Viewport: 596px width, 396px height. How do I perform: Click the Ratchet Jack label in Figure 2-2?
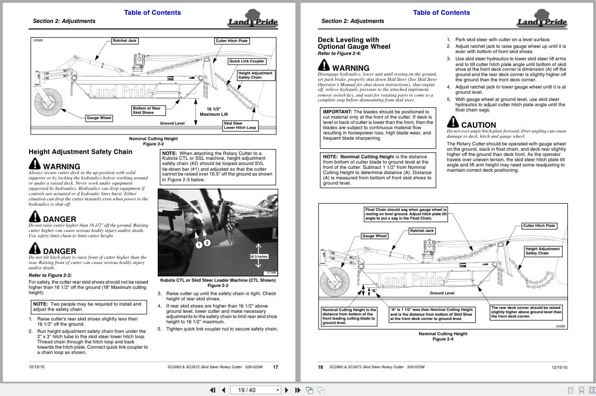point(125,41)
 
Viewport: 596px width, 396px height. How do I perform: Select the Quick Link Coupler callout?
point(247,61)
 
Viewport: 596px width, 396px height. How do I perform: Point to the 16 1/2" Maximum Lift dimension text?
point(214,111)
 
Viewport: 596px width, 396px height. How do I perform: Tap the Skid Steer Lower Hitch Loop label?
point(240,126)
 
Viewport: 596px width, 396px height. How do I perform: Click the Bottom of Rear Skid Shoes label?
point(147,110)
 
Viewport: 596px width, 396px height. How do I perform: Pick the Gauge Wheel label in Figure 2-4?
point(375,236)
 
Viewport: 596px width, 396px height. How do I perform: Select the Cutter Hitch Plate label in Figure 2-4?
point(539,226)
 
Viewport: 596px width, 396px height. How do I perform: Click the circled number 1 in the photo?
point(199,245)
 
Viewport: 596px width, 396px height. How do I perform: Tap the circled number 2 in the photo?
point(207,243)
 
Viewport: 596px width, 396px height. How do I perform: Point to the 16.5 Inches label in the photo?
point(259,257)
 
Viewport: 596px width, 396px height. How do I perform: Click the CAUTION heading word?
point(478,125)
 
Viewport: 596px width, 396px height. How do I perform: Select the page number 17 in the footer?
point(275,367)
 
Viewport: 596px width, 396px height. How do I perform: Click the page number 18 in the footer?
point(321,367)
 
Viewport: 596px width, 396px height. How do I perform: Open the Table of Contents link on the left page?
point(152,12)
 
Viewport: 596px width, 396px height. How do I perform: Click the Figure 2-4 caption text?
point(443,339)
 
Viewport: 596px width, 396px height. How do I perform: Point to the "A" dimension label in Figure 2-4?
point(374,291)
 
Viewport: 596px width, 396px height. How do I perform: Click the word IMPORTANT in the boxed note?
point(337,112)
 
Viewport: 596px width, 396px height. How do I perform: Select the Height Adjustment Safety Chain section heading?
point(80,152)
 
